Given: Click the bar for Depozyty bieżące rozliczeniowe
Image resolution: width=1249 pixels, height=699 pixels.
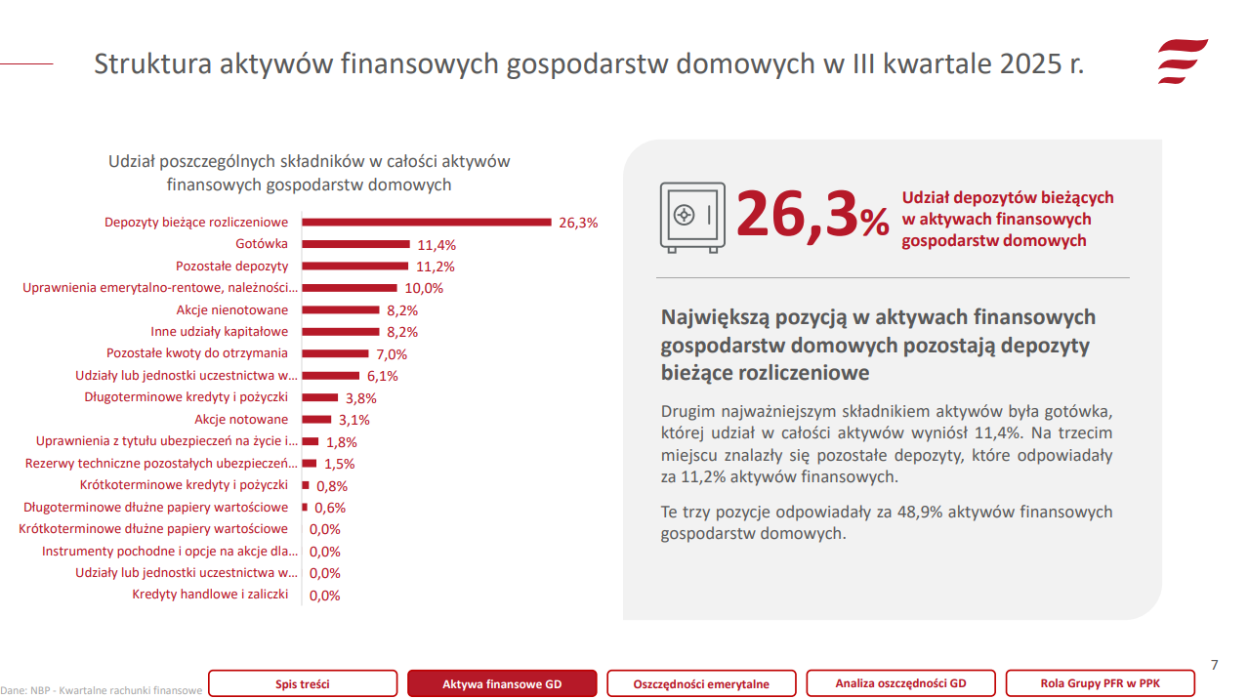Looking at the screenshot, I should pos(427,222).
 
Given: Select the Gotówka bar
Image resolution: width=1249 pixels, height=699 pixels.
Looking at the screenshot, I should pos(355,244).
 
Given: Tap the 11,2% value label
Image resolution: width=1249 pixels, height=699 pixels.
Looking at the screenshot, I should pos(436,267).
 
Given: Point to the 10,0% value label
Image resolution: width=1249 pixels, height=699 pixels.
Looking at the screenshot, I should pos(424,288).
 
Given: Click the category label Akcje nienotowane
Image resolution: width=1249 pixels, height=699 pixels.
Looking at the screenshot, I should pos(232,309).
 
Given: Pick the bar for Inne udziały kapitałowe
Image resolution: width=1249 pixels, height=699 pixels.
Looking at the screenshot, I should pos(340,332).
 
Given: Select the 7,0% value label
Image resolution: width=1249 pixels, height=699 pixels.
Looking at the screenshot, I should pos(392,354).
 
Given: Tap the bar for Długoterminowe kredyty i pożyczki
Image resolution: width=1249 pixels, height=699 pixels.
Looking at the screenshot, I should pos(319,397).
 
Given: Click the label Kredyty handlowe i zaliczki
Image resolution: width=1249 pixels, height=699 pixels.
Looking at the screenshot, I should pos(210,595).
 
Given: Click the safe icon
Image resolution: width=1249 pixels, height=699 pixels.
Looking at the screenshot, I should pos(692,217).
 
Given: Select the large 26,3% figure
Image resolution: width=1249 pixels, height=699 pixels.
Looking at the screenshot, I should pos(812,215).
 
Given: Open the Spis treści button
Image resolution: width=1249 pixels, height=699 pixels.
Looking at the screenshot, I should pos(303,683).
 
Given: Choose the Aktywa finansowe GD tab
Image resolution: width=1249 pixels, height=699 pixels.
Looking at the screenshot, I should pos(502,683).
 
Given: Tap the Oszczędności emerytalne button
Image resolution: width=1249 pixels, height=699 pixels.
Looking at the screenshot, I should pos(701,683).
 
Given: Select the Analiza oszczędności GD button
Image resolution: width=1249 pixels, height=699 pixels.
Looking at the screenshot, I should pos(900,683).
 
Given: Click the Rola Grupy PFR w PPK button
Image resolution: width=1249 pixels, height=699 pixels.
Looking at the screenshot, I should pos(1100,683).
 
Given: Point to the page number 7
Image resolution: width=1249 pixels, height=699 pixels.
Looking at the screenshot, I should pos(1214,665).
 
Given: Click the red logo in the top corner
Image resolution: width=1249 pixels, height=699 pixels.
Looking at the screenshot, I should pos(1183,63).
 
